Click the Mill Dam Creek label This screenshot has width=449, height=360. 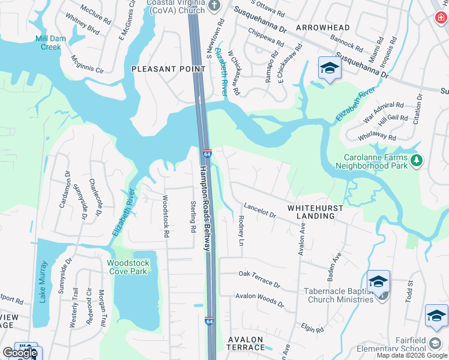click(x=48, y=43)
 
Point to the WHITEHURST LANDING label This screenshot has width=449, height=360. click(x=315, y=212)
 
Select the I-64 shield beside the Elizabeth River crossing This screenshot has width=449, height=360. click(x=207, y=155)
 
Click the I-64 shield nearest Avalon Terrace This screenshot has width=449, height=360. click(x=209, y=322)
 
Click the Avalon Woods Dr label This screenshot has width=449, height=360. click(x=260, y=299)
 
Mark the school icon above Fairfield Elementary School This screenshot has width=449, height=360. click(x=436, y=316)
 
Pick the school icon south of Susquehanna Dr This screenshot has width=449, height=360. click(x=329, y=68)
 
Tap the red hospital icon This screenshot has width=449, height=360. click(x=441, y=18)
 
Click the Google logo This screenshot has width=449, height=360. click(x=19, y=353)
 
